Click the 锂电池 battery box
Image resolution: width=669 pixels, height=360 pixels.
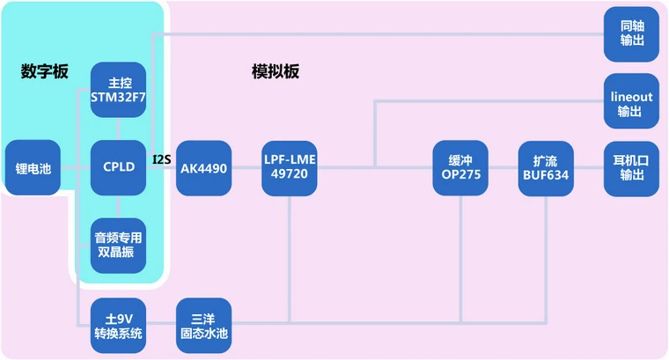point(33,167)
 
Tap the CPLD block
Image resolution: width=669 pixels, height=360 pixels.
point(118,167)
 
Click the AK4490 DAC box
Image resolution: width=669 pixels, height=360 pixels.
point(203,167)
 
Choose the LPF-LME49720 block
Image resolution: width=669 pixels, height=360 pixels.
point(289,167)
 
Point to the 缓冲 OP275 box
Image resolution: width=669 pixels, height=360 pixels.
point(460,167)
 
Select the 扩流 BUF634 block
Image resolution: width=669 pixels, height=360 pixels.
point(546,167)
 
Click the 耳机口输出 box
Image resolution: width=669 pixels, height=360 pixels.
point(631,167)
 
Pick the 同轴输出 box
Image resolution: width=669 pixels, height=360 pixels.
point(631,34)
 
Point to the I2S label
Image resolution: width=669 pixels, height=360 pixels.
point(161,159)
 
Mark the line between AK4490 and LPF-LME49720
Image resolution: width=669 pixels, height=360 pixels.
point(246,167)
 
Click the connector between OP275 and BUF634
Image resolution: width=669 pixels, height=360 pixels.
point(503,167)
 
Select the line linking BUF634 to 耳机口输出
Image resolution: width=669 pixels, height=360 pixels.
point(588,167)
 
